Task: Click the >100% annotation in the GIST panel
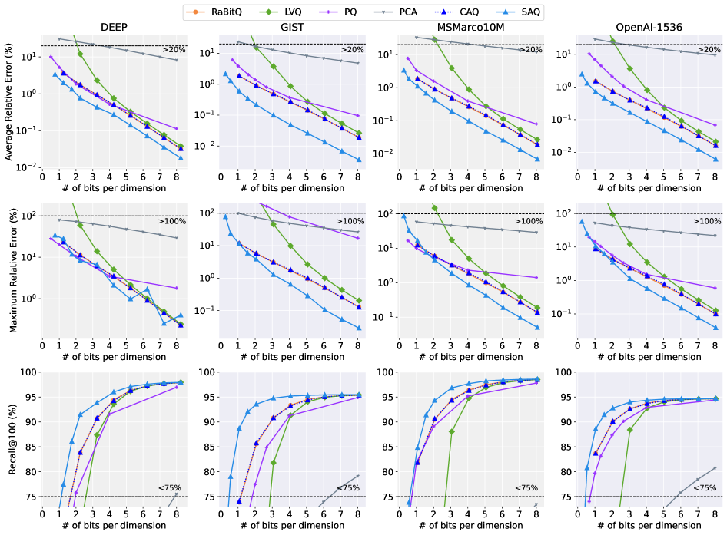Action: pos(349,221)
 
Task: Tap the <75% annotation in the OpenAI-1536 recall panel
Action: pos(705,487)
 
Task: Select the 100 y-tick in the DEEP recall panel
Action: pos(28,372)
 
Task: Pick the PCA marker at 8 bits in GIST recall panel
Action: pos(357,476)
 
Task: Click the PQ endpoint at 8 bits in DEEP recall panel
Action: pos(177,387)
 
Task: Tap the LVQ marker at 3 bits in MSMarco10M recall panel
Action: pos(451,431)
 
